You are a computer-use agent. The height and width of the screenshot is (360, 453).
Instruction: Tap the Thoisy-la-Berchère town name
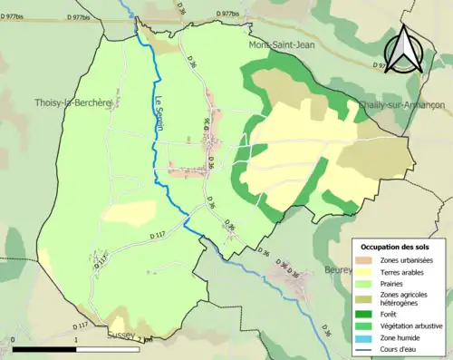pyautogui.click(x=71, y=103)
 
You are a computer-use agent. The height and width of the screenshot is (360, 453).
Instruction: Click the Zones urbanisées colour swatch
pyautogui.click(x=366, y=259)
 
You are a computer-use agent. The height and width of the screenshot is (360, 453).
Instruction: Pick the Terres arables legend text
pyautogui.click(x=405, y=271)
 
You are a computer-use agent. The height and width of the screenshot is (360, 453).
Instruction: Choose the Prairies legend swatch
pyautogui.click(x=366, y=283)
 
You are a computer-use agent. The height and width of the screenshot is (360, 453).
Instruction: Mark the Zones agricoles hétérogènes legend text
pyautogui.click(x=407, y=299)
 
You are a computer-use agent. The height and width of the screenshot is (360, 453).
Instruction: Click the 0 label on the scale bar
pyautogui.click(x=14, y=341)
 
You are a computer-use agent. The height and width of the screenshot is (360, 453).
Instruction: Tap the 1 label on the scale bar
pyautogui.click(x=77, y=341)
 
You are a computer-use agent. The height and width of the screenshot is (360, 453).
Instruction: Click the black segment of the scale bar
pyautogui.click(x=45, y=349)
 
